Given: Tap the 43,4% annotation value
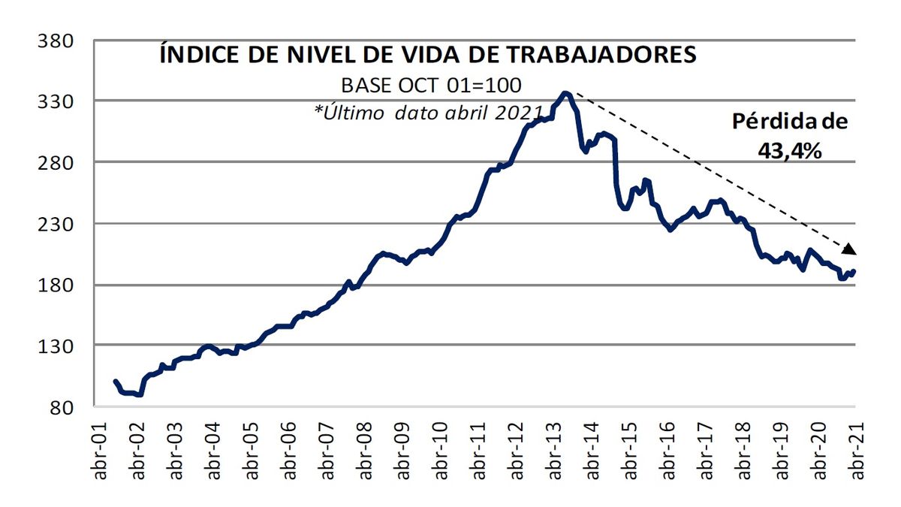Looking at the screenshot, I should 789,150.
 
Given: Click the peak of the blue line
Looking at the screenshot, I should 565,93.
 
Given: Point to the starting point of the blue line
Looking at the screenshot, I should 115,381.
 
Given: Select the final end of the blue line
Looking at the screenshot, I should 854,271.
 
